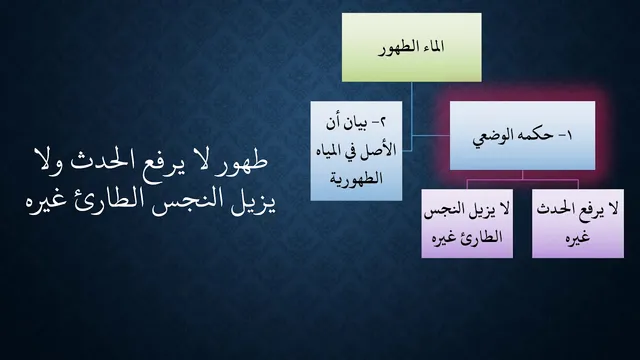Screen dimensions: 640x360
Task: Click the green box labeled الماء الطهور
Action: [411, 47]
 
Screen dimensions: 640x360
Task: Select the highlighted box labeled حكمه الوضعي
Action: [522, 136]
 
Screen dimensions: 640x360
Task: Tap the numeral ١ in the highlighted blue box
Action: [569, 136]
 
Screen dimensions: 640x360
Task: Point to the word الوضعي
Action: [491, 137]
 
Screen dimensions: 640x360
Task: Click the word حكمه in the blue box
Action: [533, 136]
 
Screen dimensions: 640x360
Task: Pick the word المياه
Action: [329, 151]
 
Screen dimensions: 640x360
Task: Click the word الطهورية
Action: [356, 178]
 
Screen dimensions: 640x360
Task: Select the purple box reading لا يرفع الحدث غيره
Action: [578, 223]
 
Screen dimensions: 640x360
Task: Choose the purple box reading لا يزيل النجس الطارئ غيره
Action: [467, 223]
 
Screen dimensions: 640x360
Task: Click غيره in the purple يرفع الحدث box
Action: [578, 238]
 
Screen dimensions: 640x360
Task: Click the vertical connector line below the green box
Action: [411, 116]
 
